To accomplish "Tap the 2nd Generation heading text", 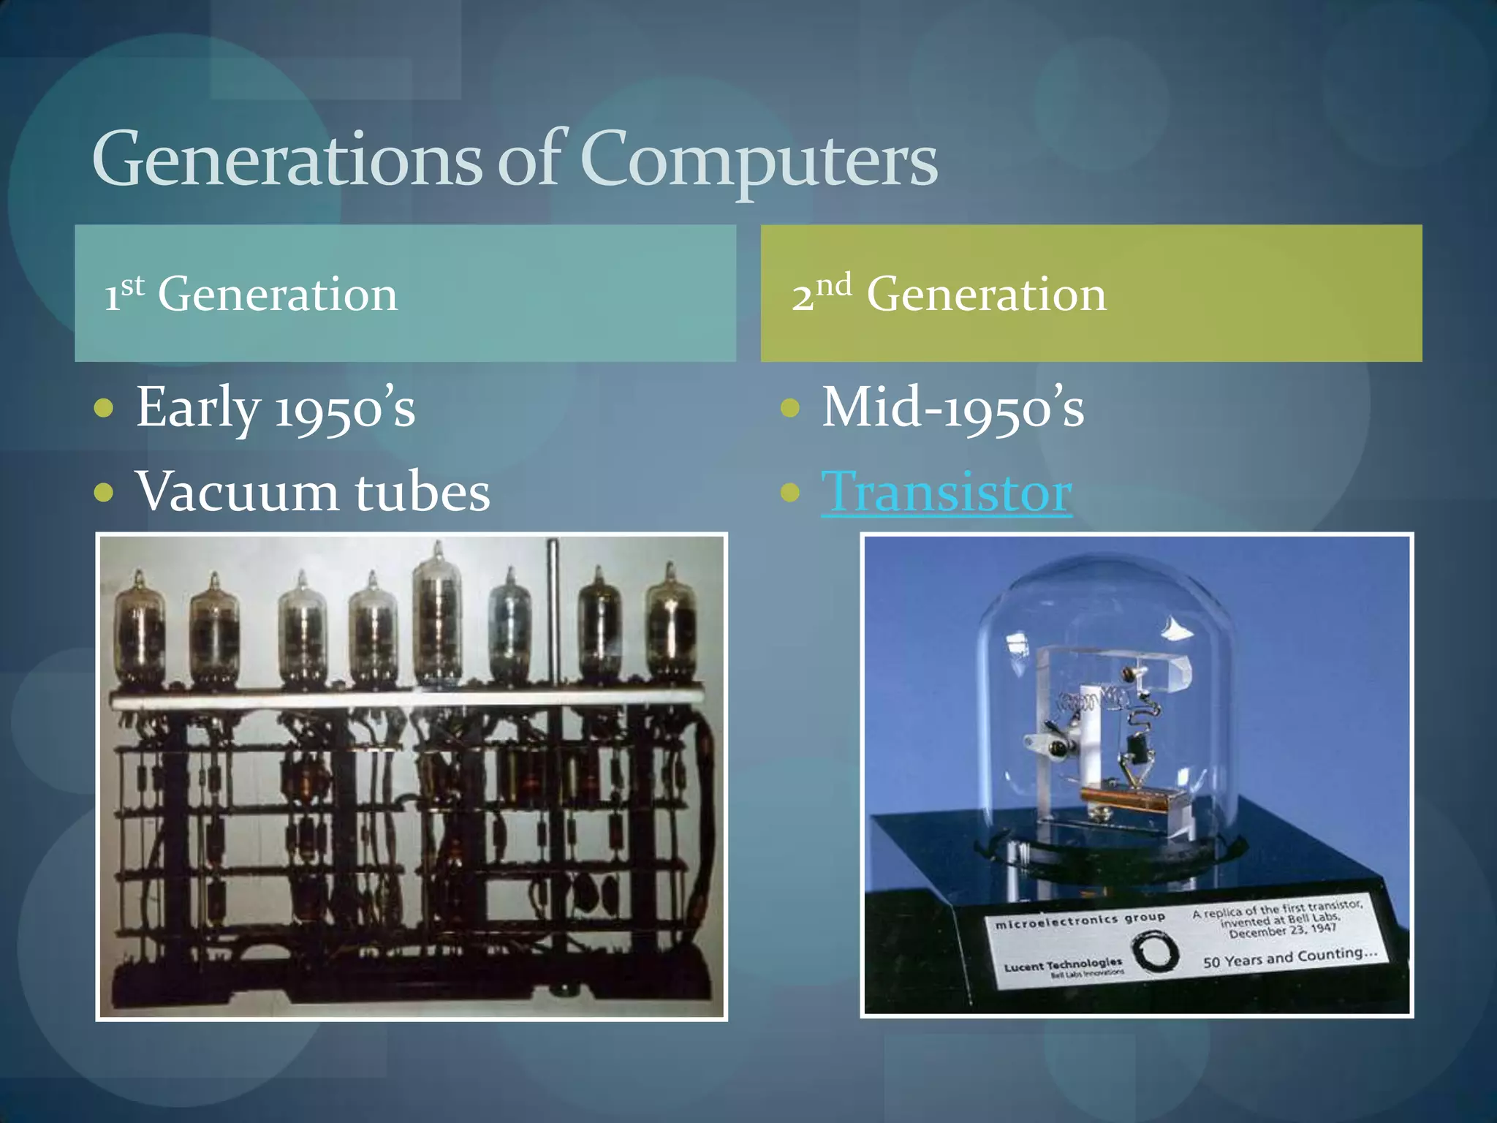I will pyautogui.click(x=949, y=295).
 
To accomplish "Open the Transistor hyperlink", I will pyautogui.click(x=947, y=492).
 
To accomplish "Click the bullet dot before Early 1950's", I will pyautogui.click(x=105, y=408).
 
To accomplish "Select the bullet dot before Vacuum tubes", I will pyautogui.click(x=105, y=492).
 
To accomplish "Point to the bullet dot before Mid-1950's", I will pyautogui.click(x=790, y=408).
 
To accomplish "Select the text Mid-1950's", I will pyautogui.click(x=952, y=408).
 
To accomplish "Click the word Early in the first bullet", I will pyautogui.click(x=197, y=408).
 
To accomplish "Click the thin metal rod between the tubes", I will pyautogui.click(x=553, y=614).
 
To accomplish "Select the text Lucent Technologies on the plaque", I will pyautogui.click(x=1063, y=965).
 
